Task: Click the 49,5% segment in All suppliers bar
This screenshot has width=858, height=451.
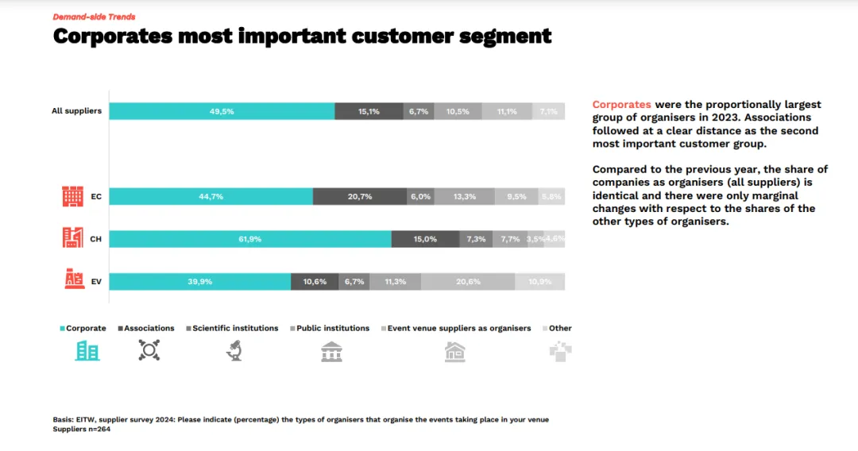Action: (x=222, y=111)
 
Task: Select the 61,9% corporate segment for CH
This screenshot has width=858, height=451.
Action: (x=249, y=239)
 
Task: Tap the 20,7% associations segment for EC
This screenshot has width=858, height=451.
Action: (x=360, y=197)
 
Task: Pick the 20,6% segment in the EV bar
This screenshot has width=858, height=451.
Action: (x=468, y=281)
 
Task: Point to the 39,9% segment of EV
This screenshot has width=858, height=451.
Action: (x=199, y=281)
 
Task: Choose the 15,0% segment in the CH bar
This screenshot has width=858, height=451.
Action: (x=425, y=239)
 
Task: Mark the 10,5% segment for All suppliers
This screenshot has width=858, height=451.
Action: (x=458, y=111)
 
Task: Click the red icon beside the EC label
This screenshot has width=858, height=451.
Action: (x=72, y=196)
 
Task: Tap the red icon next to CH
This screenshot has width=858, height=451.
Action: (x=72, y=237)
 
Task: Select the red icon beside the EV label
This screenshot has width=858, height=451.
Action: (x=73, y=279)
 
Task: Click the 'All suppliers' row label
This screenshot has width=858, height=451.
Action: (x=76, y=111)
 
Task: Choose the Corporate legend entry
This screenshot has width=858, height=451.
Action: (x=83, y=328)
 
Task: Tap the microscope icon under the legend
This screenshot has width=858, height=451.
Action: (x=234, y=351)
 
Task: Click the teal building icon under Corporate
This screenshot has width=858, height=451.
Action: (x=87, y=351)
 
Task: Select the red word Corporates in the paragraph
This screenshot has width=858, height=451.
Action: (x=621, y=105)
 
